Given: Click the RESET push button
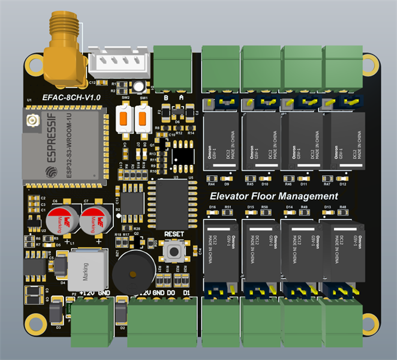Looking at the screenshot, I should point(175,250).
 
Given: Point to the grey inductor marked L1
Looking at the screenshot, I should point(84,269).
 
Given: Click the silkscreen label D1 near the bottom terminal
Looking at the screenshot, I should point(187,292).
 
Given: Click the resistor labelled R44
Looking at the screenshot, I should point(211,178).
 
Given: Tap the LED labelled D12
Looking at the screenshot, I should point(344,178).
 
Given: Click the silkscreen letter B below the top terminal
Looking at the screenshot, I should point(166,96).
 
